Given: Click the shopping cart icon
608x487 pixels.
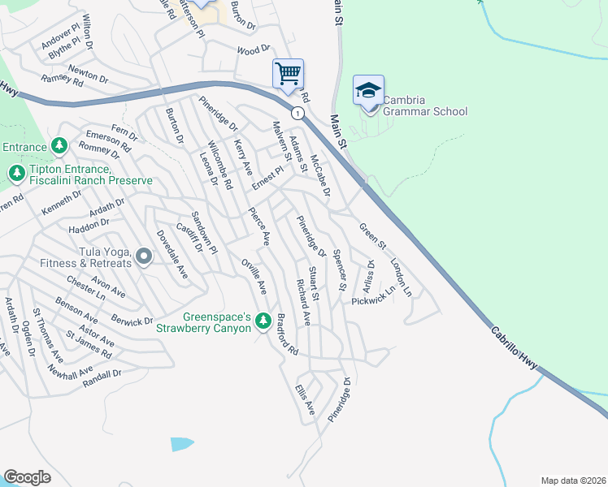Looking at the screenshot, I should pyautogui.click(x=288, y=73).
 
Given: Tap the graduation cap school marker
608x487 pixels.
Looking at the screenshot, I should pyautogui.click(x=368, y=89).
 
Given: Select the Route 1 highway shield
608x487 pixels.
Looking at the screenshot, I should pyautogui.click(x=298, y=114).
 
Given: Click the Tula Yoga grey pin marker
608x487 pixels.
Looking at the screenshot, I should pyautogui.click(x=145, y=257).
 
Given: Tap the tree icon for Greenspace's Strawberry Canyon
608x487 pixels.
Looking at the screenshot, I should pyautogui.click(x=263, y=322).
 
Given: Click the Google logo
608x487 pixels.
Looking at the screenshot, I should pyautogui.click(x=28, y=477).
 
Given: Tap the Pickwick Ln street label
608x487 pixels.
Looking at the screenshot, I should pyautogui.click(x=373, y=295).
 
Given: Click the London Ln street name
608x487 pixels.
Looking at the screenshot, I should pyautogui.click(x=401, y=278).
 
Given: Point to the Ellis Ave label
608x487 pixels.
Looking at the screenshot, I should pyautogui.click(x=305, y=401).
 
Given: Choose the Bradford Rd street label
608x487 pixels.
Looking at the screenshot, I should pyautogui.click(x=288, y=334).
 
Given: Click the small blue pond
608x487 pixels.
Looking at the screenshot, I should pyautogui.click(x=182, y=444).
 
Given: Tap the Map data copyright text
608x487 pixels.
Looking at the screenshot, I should pyautogui.click(x=572, y=480).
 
